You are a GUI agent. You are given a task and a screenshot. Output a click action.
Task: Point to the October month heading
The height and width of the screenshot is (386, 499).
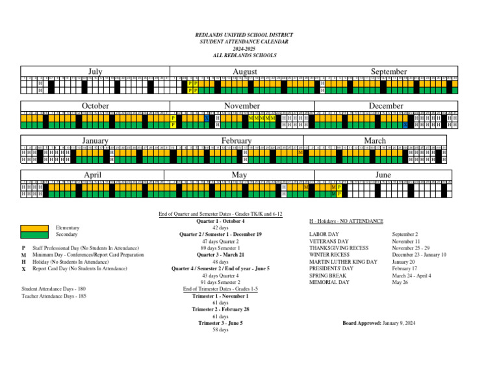click(x=95, y=105)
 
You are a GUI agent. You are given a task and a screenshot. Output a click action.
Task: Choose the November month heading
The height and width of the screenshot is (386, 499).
click(x=242, y=105)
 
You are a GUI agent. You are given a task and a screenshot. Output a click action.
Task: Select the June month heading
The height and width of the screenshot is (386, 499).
click(x=384, y=175)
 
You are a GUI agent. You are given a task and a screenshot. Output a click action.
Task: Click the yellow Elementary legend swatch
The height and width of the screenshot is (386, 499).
click(x=34, y=227)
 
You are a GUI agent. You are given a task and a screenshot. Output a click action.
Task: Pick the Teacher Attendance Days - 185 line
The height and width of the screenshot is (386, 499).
click(x=53, y=296)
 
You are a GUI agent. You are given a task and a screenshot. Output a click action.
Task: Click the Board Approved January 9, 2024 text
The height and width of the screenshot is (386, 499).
click(x=378, y=323)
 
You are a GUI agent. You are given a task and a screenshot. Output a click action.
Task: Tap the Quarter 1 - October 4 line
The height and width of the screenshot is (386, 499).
click(x=220, y=221)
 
